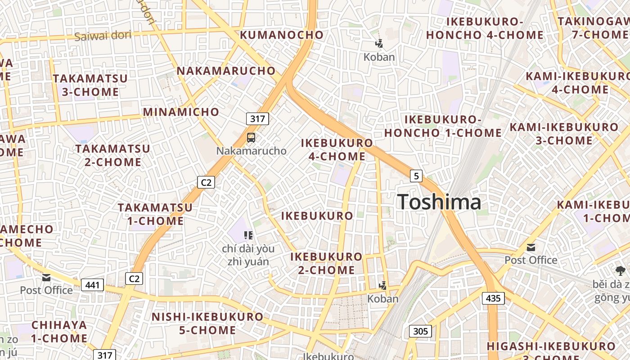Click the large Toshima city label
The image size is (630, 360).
pyautogui.click(x=439, y=202)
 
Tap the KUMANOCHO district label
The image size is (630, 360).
pyautogui.click(x=282, y=35)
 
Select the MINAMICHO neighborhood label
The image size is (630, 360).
pyautogui.click(x=181, y=112)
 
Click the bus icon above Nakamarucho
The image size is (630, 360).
pyautogui.click(x=251, y=138)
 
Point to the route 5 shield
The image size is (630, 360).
pyautogui.click(x=416, y=176)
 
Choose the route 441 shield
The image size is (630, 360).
pyautogui.click(x=93, y=284)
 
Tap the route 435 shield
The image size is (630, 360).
pyautogui.click(x=493, y=298)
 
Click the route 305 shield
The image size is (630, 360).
pyautogui.click(x=420, y=332)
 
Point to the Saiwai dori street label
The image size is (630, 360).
pyautogui.click(x=103, y=36)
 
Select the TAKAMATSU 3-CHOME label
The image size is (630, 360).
pyautogui.click(x=90, y=85)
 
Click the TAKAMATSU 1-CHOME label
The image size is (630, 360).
pyautogui.click(x=155, y=214)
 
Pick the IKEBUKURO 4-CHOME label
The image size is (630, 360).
pyautogui.click(x=337, y=150)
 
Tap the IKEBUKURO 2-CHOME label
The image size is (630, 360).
pyautogui.click(x=326, y=263)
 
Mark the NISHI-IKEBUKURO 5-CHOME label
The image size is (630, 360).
pyautogui.click(x=207, y=323)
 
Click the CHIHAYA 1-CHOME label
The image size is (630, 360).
pyautogui.click(x=59, y=331)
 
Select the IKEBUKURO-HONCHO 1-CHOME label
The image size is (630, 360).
pyautogui.click(x=443, y=126)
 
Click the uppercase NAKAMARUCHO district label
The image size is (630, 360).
pyautogui.click(x=226, y=71)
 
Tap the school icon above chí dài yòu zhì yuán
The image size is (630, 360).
pyautogui.click(x=248, y=235)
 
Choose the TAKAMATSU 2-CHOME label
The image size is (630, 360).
pyautogui.click(x=113, y=155)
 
